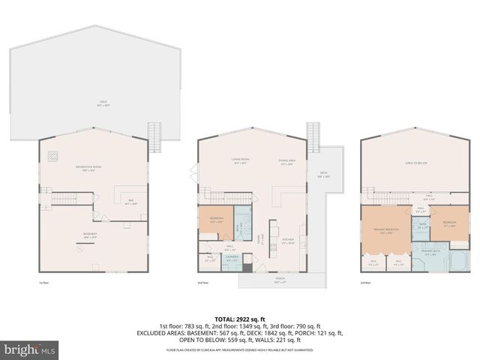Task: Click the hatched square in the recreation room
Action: coord(53,157)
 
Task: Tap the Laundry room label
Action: coord(232,259)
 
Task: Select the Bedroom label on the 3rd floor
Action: coord(449,223)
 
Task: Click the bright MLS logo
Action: coord(31,349)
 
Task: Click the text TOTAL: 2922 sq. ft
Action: coord(240,319)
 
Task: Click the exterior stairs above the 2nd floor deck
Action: coord(314,136)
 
